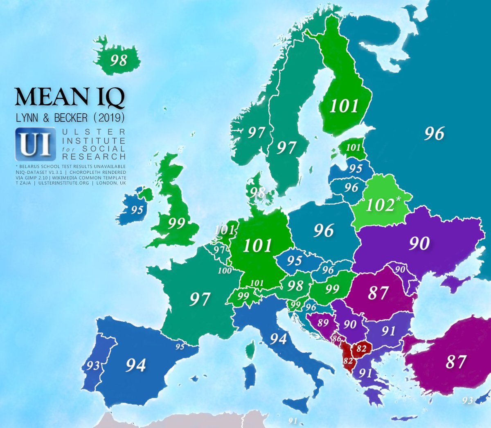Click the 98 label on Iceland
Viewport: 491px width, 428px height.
point(119,61)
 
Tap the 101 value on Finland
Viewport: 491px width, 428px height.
point(344,106)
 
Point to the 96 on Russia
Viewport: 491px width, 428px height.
point(434,133)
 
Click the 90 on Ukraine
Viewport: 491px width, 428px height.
point(419,243)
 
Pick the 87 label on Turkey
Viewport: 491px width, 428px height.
point(456,362)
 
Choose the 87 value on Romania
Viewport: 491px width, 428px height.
point(378,293)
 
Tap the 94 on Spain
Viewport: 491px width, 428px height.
point(135,365)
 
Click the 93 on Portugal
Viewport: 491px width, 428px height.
point(92,365)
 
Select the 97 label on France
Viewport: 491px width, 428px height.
point(200,299)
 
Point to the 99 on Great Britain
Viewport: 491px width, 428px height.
point(176,223)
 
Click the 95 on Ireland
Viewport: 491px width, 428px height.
point(137,210)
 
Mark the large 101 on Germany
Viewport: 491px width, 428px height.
point(257,246)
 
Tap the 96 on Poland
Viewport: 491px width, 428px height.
point(324,231)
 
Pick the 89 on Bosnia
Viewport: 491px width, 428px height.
point(323,323)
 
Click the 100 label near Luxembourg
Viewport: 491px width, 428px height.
point(225,270)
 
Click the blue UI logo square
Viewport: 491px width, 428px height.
point(35,144)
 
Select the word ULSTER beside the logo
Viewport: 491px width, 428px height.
point(94,132)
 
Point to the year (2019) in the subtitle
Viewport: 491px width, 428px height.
point(109,118)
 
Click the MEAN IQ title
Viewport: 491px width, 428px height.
point(70,97)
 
